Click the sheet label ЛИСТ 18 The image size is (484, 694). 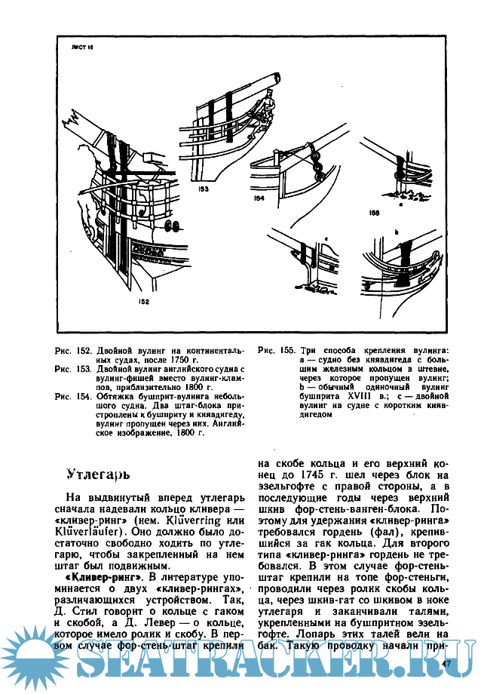tap(80, 48)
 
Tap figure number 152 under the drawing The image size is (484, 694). tap(144, 302)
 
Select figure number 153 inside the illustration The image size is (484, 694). tap(203, 191)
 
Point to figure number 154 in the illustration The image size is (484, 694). tap(258, 199)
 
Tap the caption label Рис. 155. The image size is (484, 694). tap(276, 351)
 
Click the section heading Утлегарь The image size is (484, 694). tap(99, 475)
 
